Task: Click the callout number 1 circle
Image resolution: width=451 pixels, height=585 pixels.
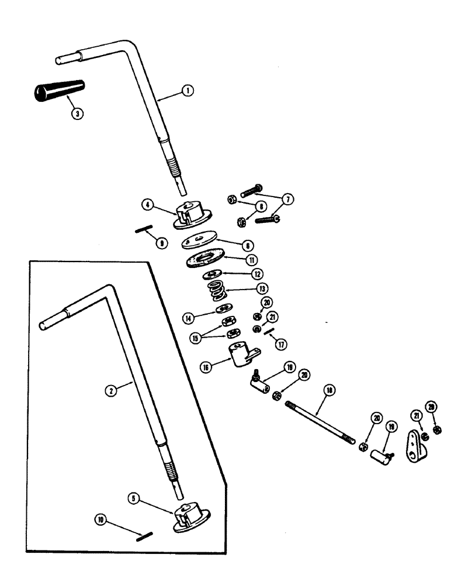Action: coord(188,91)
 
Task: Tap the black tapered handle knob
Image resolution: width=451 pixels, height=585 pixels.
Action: coord(59,91)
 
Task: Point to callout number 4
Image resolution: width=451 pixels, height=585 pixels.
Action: coord(149,205)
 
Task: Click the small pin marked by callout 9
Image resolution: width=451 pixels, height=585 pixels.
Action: coord(144,230)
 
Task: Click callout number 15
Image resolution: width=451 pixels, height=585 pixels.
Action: coord(196,338)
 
